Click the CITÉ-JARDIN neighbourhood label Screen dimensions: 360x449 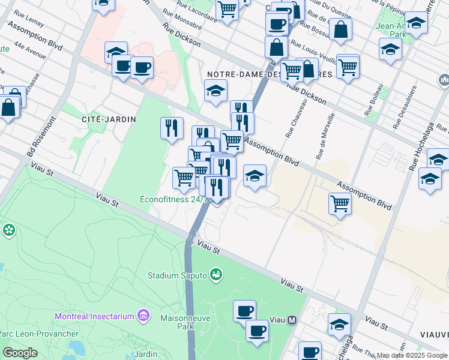(109, 119)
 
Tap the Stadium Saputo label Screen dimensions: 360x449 (177, 276)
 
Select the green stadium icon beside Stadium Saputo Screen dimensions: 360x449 (216, 275)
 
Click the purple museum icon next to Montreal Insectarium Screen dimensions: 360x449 (143, 315)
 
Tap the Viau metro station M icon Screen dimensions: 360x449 (292, 320)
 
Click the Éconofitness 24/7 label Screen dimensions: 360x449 (173, 200)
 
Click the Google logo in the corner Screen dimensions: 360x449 (20, 353)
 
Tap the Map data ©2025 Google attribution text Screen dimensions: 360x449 (412, 355)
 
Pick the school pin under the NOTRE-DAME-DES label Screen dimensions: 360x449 (215, 91)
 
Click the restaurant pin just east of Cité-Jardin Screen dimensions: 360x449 (172, 128)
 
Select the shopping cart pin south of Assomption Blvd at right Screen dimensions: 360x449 (340, 204)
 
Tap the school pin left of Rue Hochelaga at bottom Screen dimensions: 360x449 (339, 325)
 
